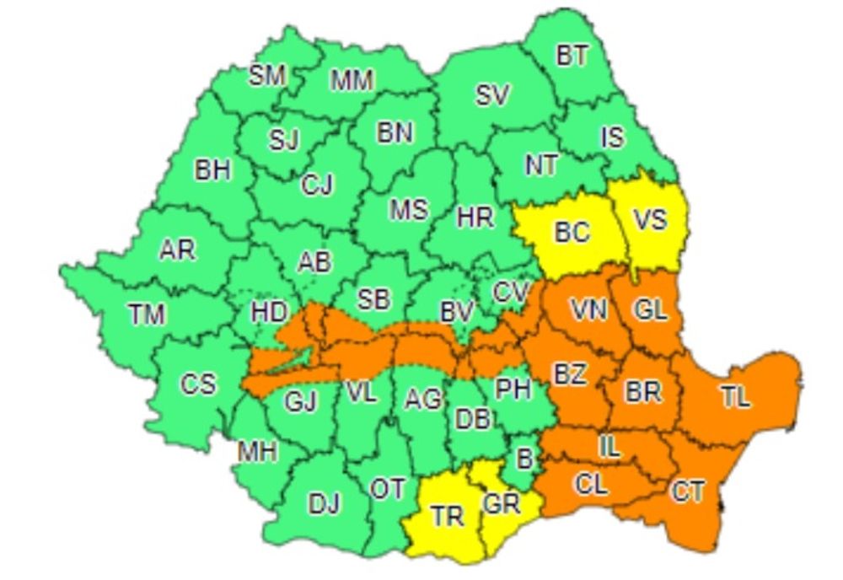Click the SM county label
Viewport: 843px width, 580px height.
[267, 76]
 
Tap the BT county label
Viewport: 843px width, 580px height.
[573, 56]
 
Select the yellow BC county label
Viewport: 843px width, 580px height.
[572, 232]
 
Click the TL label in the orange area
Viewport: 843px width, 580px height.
[735, 397]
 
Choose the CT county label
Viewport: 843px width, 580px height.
[687, 492]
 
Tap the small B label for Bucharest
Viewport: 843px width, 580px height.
[524, 459]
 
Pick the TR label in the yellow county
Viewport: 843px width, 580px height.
[447, 515]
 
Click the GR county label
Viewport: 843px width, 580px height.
[502, 504]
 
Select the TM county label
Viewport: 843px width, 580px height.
[148, 315]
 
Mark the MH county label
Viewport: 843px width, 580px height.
[257, 452]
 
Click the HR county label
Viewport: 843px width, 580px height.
[475, 217]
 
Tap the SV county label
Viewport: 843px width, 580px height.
[492, 96]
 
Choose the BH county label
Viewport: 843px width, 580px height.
[212, 170]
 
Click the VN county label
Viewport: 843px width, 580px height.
[588, 310]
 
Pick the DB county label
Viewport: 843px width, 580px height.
[474, 419]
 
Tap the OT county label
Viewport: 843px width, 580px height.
[388, 488]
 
